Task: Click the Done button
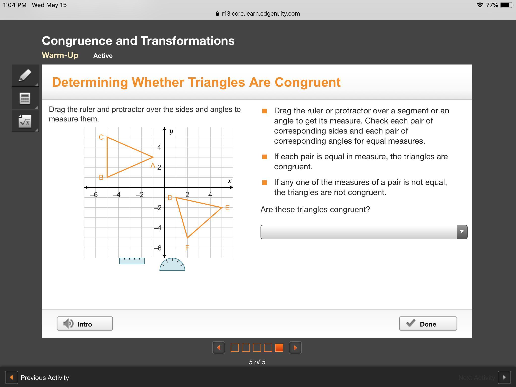tap(428, 324)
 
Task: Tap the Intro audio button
tap(85, 324)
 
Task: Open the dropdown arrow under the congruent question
tap(462, 232)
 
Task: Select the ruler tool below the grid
tap(132, 261)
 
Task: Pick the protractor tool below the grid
tap(172, 265)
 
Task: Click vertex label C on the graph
tap(101, 137)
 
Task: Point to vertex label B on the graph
tap(101, 177)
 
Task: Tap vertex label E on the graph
tap(227, 208)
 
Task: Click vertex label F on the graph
tap(187, 248)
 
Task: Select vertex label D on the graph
tap(170, 198)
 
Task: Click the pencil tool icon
tap(25, 75)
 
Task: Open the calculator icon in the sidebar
tap(25, 98)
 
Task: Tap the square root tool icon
tap(25, 121)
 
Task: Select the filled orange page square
tap(279, 348)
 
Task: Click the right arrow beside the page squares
tap(295, 348)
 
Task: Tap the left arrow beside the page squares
tap(219, 348)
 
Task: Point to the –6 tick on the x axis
tap(93, 195)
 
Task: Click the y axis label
tap(171, 131)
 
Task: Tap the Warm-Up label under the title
tap(60, 55)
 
